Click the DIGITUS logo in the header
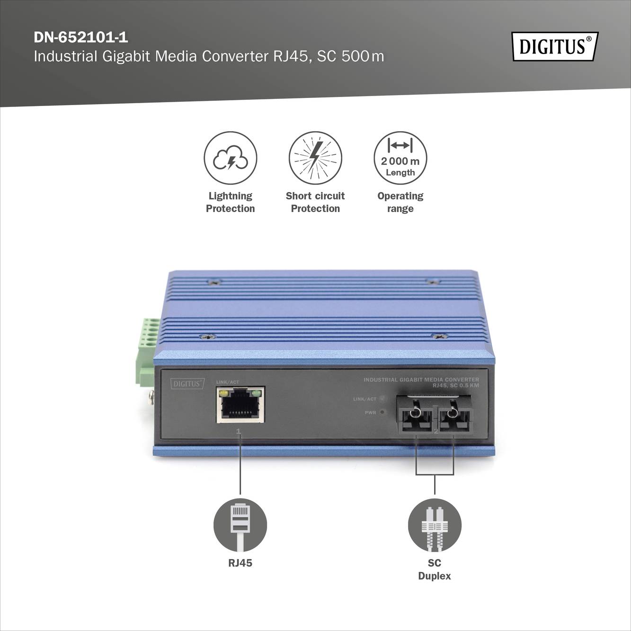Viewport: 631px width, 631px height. point(554,46)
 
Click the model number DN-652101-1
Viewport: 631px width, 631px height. point(81,37)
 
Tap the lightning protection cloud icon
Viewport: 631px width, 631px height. point(231,158)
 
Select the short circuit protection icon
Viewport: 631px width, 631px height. point(315,158)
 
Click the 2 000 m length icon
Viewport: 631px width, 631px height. point(400,158)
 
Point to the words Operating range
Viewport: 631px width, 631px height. point(400,202)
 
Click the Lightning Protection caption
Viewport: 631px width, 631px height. point(231,202)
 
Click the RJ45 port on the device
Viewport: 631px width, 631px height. point(240,405)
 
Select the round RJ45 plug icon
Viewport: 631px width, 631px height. point(240,525)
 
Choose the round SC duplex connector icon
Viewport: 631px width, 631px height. point(435,525)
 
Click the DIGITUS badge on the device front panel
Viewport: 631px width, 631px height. point(187,383)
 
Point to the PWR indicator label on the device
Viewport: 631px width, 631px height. point(370,413)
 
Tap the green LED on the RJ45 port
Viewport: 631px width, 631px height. point(258,393)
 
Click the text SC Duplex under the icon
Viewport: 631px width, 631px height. point(435,569)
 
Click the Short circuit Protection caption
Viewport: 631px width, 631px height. point(315,202)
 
